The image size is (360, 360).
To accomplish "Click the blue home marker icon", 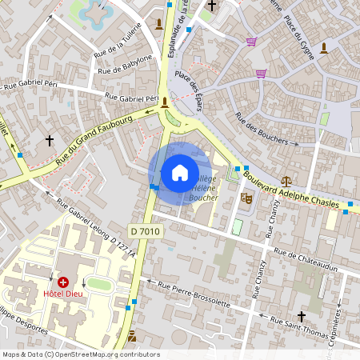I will point(180,173).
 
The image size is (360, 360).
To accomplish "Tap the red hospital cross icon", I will point(62,282).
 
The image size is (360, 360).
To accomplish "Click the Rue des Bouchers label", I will point(262,129).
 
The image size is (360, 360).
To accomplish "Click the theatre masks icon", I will point(246,194).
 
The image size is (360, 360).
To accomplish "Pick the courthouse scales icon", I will point(286,182).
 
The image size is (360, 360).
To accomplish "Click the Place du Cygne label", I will point(297,28).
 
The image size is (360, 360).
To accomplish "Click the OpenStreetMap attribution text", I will point(82,354).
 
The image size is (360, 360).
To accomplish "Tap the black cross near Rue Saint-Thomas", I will point(302,315).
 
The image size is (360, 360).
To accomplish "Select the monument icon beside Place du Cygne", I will point(324,48).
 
